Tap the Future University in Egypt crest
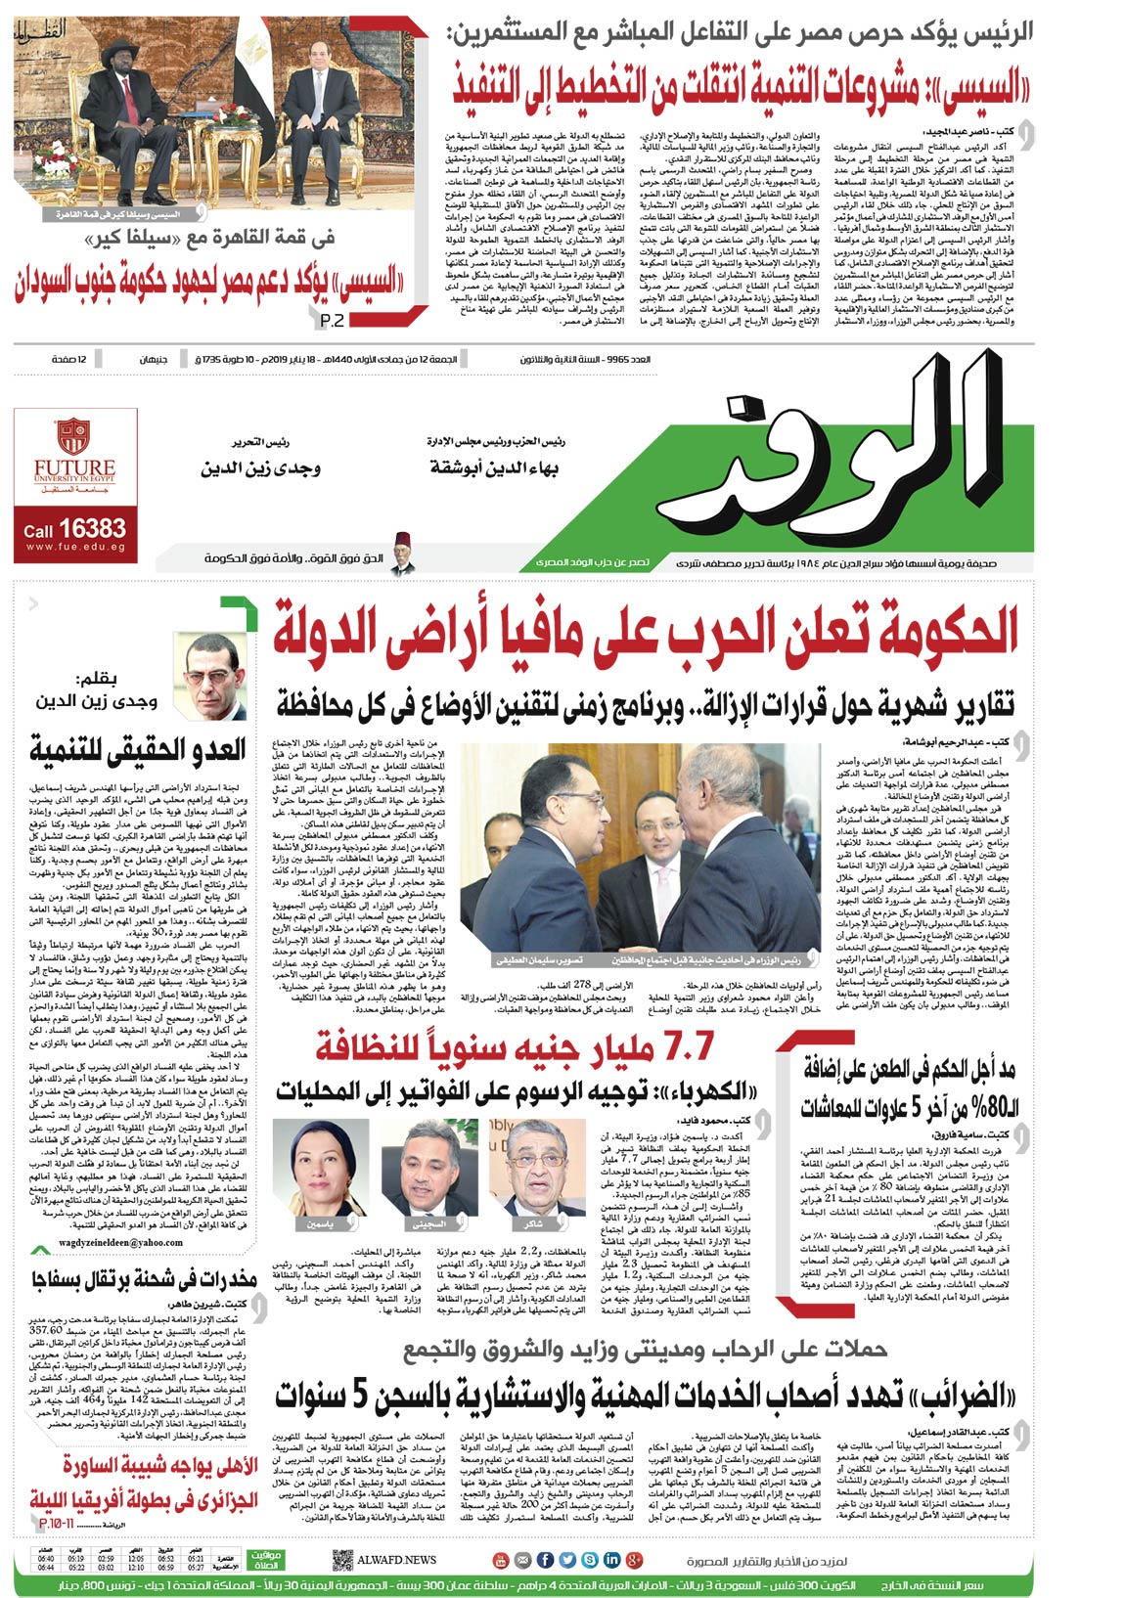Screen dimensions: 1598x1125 [x=74, y=437]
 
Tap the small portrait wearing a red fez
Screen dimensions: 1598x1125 [x=401, y=553]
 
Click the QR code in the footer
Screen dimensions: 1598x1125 [x=341, y=1560]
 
